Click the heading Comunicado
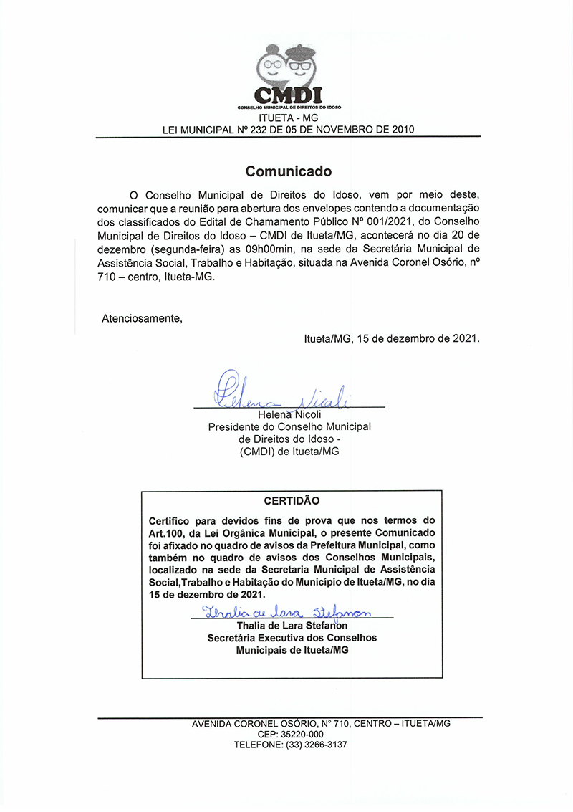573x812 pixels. [x=289, y=171]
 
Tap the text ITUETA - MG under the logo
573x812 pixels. [x=288, y=117]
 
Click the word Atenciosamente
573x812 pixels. [x=142, y=318]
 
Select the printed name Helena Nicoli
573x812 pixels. [x=289, y=415]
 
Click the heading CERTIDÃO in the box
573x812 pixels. [x=292, y=501]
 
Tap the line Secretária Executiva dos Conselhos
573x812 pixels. [x=292, y=637]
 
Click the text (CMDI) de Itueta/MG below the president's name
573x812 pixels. [x=290, y=452]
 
